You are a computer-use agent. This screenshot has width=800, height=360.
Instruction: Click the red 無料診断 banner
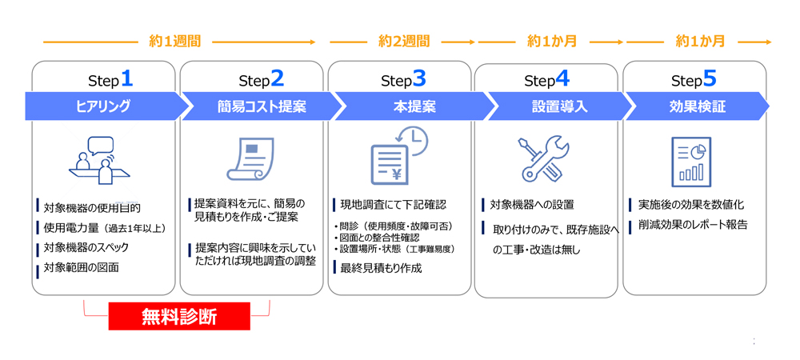[179, 316]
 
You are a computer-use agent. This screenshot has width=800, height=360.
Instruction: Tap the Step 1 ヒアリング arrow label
[103, 106]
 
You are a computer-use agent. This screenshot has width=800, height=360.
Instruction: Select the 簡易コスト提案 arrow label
[262, 106]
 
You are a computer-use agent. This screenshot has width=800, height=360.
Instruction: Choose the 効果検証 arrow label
[697, 106]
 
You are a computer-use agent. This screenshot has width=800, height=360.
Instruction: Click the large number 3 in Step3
[419, 78]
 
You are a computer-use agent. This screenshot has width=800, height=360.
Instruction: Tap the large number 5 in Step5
[710, 78]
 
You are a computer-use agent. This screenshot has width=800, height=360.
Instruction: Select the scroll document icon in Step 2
[250, 158]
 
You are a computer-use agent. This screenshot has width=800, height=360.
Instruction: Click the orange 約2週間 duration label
[403, 42]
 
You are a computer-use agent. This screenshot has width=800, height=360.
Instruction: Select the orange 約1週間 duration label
[175, 42]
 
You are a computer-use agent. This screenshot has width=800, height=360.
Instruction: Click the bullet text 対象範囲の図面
[81, 267]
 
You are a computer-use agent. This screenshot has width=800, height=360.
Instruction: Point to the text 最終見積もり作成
[381, 268]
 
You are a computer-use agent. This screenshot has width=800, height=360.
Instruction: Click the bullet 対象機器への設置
[532, 205]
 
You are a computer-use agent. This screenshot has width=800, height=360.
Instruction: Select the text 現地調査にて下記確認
[394, 205]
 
